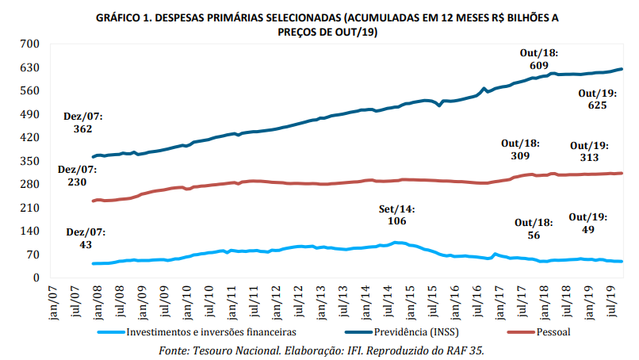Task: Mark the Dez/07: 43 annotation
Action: pyautogui.click(x=84, y=239)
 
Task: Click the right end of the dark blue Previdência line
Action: pyautogui.click(x=622, y=69)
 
